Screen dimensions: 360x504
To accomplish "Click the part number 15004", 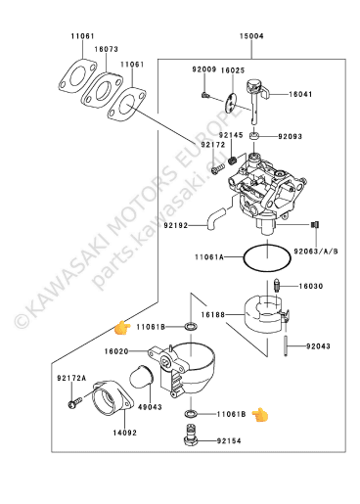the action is pyautogui.click(x=251, y=36).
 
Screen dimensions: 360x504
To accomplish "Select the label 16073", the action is pyautogui.click(x=107, y=49).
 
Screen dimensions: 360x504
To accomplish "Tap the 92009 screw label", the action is pyautogui.click(x=204, y=69).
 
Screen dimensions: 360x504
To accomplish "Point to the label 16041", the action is pyautogui.click(x=300, y=94).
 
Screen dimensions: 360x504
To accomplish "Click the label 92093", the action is pyautogui.click(x=290, y=136).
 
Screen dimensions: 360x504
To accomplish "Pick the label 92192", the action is pyautogui.click(x=176, y=225).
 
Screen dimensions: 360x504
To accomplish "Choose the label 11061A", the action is pyautogui.click(x=209, y=257).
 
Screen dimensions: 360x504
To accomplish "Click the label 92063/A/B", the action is pyautogui.click(x=316, y=252).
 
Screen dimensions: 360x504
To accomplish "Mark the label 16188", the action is pyautogui.click(x=213, y=315).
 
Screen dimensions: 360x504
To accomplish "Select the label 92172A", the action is pyautogui.click(x=71, y=378).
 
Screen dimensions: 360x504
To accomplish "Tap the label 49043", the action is pyautogui.click(x=150, y=407).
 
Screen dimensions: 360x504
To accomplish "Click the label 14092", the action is pyautogui.click(x=125, y=433).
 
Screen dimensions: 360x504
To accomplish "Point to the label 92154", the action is pyautogui.click(x=229, y=441).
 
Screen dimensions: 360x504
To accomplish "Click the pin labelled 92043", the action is pyautogui.click(x=286, y=345).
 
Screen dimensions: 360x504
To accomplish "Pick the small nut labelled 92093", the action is pyautogui.click(x=254, y=136).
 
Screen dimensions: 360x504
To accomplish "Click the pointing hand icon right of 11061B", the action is pyautogui.click(x=260, y=415).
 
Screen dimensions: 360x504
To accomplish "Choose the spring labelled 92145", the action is pyautogui.click(x=233, y=160).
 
